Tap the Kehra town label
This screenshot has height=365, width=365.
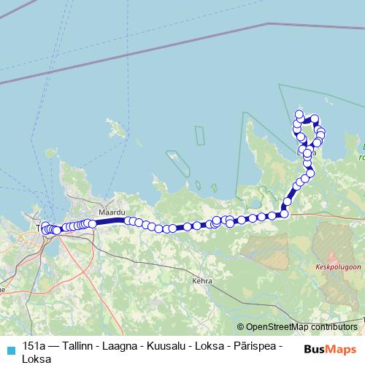(x=201, y=280)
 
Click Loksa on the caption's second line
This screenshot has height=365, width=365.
(x=37, y=358)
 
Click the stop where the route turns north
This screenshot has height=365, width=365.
(x=284, y=213)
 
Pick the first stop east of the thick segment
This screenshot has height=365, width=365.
(x=128, y=220)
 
